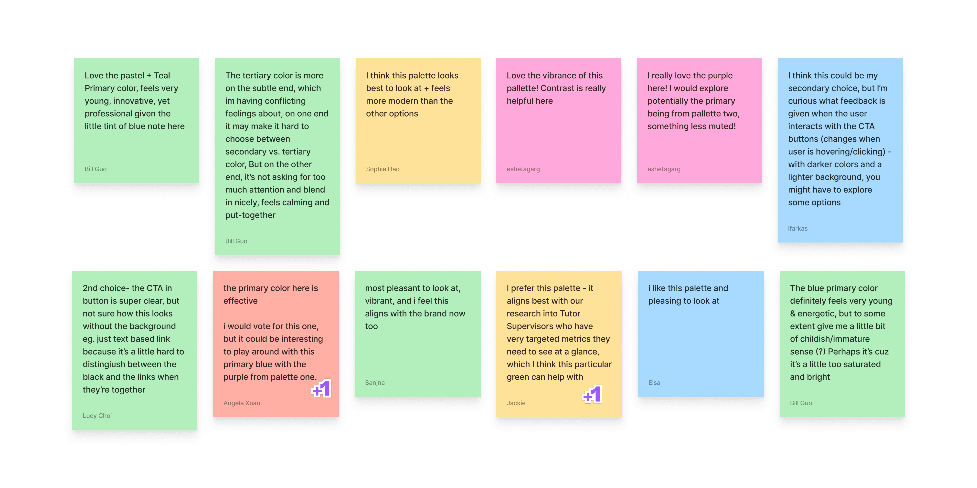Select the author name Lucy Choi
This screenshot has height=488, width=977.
(97, 416)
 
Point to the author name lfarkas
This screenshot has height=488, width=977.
(798, 228)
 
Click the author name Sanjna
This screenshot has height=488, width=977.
(375, 383)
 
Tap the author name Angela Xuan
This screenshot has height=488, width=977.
(242, 403)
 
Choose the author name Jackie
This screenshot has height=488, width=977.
(516, 403)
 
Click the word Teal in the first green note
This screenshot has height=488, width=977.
(162, 75)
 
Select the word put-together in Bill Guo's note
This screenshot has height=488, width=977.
(250, 215)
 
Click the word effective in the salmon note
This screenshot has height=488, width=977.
(240, 301)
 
